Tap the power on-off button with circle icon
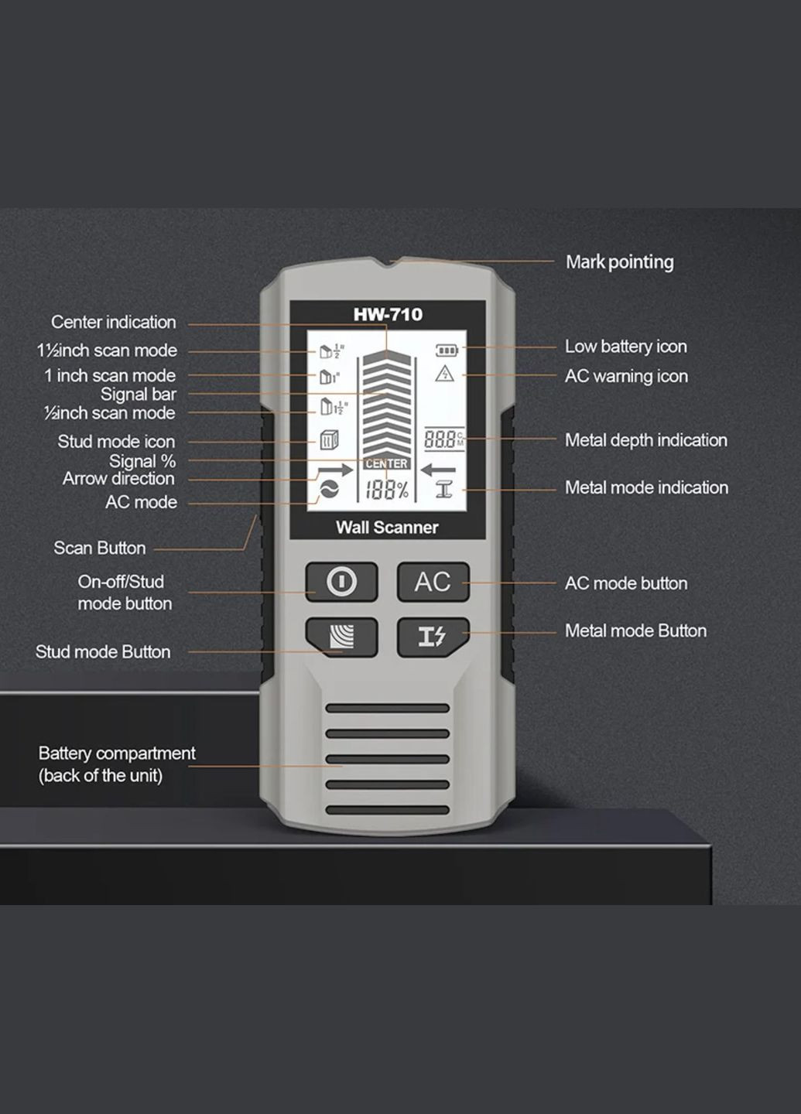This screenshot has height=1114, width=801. click(341, 581)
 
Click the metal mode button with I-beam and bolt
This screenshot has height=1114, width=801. click(433, 637)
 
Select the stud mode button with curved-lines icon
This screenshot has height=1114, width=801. click(341, 637)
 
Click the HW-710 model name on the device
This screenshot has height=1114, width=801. click(388, 315)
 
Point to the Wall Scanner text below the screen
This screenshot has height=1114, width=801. click(387, 528)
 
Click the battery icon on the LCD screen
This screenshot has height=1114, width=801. click(447, 350)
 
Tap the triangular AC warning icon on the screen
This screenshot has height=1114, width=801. click(444, 374)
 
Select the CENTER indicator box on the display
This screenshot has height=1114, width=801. click(386, 463)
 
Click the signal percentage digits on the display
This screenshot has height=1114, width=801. click(386, 490)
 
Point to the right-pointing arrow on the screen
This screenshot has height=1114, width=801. click(334, 470)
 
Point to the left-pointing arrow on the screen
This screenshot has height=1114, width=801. click(438, 469)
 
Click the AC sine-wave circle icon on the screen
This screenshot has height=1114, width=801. click(329, 490)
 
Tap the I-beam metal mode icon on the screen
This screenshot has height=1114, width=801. click(443, 489)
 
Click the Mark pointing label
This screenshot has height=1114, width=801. click(619, 262)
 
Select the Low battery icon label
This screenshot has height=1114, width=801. click(625, 347)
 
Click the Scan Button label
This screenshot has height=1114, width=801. click(99, 548)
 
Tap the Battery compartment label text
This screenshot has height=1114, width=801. click(116, 764)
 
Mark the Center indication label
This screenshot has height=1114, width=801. click(113, 322)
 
